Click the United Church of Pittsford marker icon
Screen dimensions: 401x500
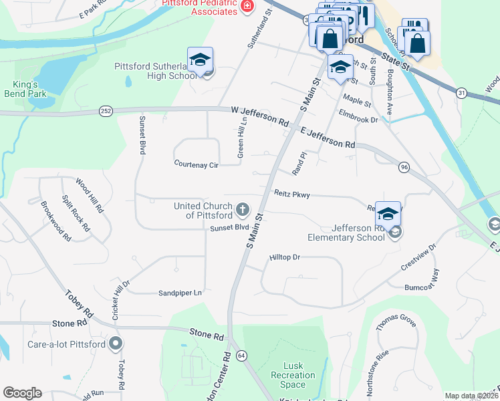click(x=242, y=211)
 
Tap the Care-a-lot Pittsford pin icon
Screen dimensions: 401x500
click(x=116, y=344)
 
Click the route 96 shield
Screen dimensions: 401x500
click(x=404, y=166)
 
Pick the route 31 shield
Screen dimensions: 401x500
click(x=461, y=93)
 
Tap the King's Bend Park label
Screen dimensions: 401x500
click(x=25, y=89)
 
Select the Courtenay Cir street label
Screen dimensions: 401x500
click(x=197, y=164)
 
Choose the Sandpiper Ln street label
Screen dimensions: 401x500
click(x=180, y=293)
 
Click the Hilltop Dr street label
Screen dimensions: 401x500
click(x=285, y=257)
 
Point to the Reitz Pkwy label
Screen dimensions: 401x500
click(x=292, y=194)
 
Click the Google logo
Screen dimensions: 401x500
click(x=22, y=393)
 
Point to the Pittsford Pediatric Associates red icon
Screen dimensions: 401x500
click(x=247, y=6)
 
